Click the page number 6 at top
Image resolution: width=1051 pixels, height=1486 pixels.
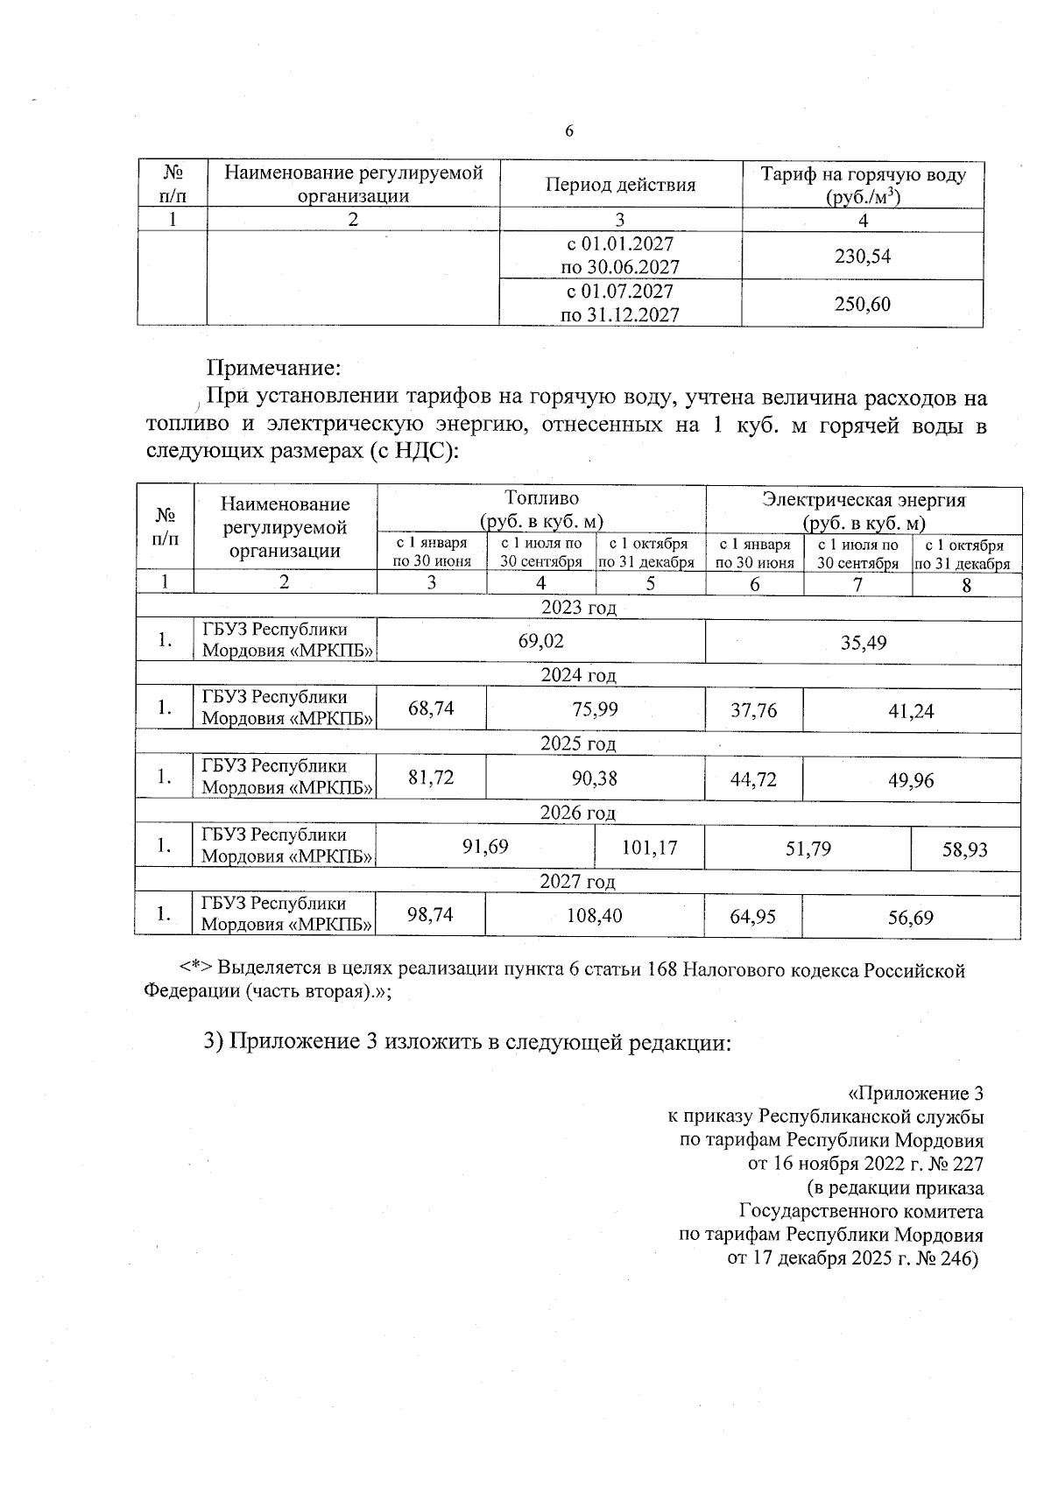569,131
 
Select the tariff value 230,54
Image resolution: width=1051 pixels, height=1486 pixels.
863,257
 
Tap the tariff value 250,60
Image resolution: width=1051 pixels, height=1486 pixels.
863,304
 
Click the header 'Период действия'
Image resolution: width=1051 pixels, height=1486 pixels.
620,185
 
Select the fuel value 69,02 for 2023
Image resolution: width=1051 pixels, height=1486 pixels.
541,641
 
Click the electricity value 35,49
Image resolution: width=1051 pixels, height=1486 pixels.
864,643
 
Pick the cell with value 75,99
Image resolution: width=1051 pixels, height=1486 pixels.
595,708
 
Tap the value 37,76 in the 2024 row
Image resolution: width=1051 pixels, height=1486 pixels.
754,709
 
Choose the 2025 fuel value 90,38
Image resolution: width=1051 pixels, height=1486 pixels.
594,778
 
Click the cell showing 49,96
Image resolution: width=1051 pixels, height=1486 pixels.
911,779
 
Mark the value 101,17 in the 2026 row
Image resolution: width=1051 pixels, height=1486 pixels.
649,848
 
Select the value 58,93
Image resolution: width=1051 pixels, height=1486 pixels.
965,849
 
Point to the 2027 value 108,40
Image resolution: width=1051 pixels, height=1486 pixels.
595,916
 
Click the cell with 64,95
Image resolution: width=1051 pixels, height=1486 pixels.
753,917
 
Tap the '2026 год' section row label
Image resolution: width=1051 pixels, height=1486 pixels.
578,813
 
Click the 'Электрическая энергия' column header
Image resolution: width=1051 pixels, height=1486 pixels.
864,500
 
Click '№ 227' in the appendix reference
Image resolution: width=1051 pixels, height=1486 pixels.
956,1165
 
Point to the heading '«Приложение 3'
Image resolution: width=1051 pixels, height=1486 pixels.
916,1094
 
